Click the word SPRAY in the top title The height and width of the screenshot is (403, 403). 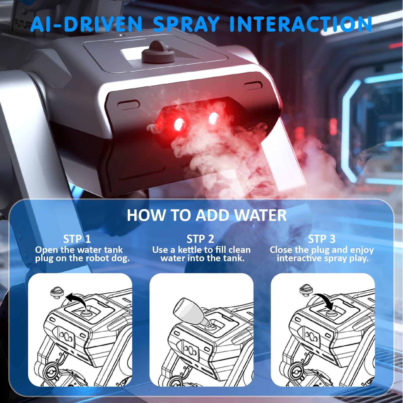tap(186, 24)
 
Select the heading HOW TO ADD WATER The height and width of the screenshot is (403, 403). tap(207, 215)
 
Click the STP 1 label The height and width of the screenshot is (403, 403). tap(77, 239)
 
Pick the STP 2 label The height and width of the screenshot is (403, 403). tap(200, 239)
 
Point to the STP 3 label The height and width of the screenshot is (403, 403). tap(322, 239)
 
